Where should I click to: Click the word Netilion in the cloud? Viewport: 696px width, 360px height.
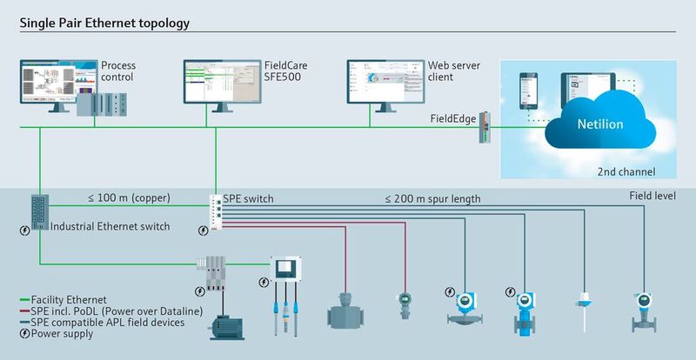[x=601, y=124]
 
